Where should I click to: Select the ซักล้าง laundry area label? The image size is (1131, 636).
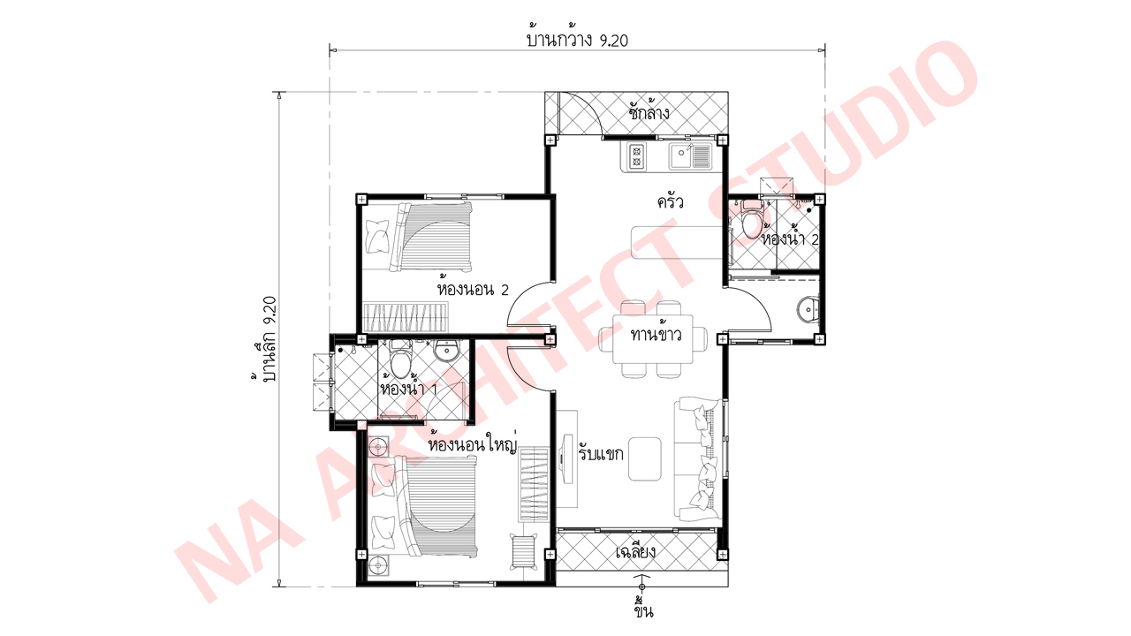(x=649, y=113)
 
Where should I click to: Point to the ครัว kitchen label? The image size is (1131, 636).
(x=670, y=202)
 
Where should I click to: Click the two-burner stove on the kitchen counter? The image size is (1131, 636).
(x=636, y=157)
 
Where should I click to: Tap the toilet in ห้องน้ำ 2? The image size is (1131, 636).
(x=751, y=221)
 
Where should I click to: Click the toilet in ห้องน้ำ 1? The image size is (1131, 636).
(x=400, y=361)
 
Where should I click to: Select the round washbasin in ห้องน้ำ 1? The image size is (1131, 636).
(x=447, y=351)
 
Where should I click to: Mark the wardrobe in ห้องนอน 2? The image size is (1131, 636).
(x=406, y=315)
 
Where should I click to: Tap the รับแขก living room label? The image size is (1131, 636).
(x=601, y=454)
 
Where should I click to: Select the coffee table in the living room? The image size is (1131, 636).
(x=646, y=458)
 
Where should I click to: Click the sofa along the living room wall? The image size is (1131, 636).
(x=698, y=459)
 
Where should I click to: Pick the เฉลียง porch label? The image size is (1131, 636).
(x=634, y=553)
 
